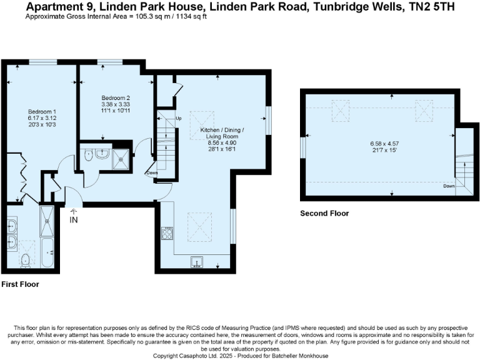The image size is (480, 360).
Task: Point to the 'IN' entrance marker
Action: click(x=74, y=220)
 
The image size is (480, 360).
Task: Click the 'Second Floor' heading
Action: click(x=324, y=213)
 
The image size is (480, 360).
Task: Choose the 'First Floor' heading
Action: click(x=20, y=284)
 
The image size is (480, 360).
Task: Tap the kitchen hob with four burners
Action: click(x=167, y=234)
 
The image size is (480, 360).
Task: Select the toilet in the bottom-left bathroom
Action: click(x=26, y=260)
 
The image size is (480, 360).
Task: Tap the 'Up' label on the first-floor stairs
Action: click(x=178, y=118)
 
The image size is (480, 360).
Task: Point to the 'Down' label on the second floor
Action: click(x=448, y=186)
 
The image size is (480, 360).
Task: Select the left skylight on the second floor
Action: click(x=341, y=112)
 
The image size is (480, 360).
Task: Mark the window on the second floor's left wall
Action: click(x=303, y=148)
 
